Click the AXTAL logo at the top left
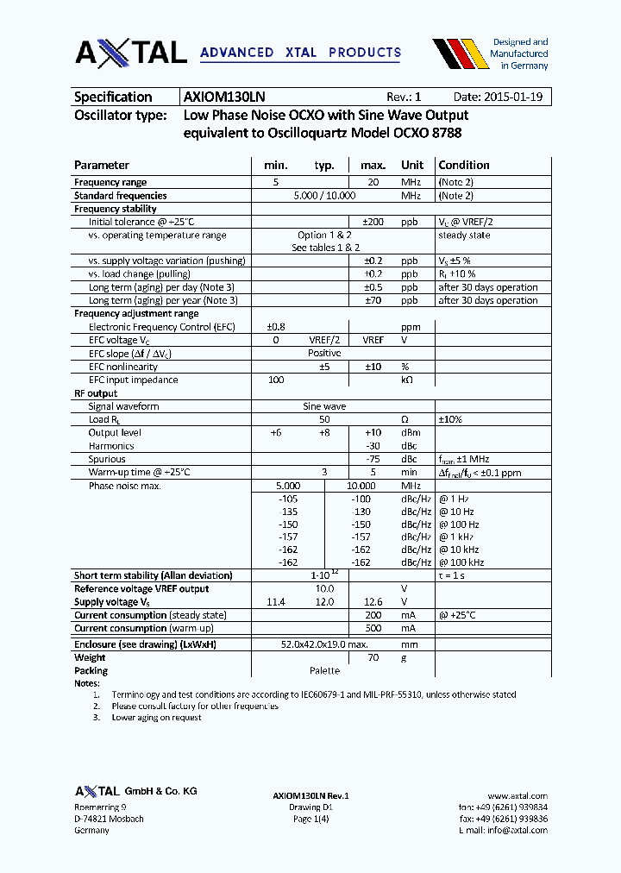pyautogui.click(x=130, y=52)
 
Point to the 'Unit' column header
pyautogui.click(x=412, y=165)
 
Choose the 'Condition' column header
pyautogui.click(x=463, y=165)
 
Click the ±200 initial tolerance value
pyautogui.click(x=373, y=222)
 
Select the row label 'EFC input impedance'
pyautogui.click(x=133, y=380)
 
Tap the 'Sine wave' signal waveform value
pyautogui.click(x=324, y=406)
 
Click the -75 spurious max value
pyautogui.click(x=373, y=459)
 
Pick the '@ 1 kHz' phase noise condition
pyautogui.click(x=459, y=537)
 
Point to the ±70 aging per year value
pyautogui.click(x=373, y=300)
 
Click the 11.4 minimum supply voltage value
pyautogui.click(x=276, y=602)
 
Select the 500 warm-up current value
pyautogui.click(x=373, y=629)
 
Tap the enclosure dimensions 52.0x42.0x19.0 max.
pyautogui.click(x=324, y=644)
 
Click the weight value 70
pyautogui.click(x=373, y=657)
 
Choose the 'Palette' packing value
pyautogui.click(x=324, y=670)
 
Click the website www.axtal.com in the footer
pyautogui.click(x=517, y=795)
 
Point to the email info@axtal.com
pyautogui.click(x=517, y=830)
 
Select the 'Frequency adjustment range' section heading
pyautogui.click(x=136, y=314)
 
